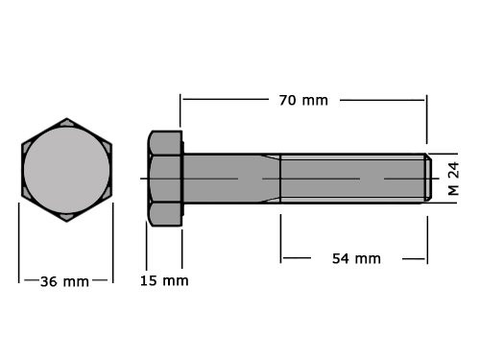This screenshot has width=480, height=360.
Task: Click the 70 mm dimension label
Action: (302, 100)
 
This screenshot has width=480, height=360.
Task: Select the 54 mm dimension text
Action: (355, 258)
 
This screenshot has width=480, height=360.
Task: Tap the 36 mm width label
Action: (64, 281)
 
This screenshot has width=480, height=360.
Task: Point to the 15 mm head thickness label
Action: (163, 280)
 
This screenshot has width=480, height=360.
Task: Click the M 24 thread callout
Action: (455, 179)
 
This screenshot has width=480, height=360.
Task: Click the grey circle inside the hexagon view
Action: (66, 171)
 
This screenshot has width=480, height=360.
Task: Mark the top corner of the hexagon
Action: (66, 120)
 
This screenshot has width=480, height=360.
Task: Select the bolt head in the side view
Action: (164, 179)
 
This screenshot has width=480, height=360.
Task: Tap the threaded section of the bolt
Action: (350, 179)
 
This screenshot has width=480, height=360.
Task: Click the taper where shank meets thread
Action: (270, 179)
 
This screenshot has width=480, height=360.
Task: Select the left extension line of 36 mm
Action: (20, 245)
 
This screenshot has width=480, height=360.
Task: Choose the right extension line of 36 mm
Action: (113, 245)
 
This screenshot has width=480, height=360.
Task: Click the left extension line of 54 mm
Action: (280, 238)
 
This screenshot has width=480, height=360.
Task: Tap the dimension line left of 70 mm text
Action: (226, 99)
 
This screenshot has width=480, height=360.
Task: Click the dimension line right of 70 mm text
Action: (384, 99)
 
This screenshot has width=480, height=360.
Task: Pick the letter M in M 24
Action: (455, 191)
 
